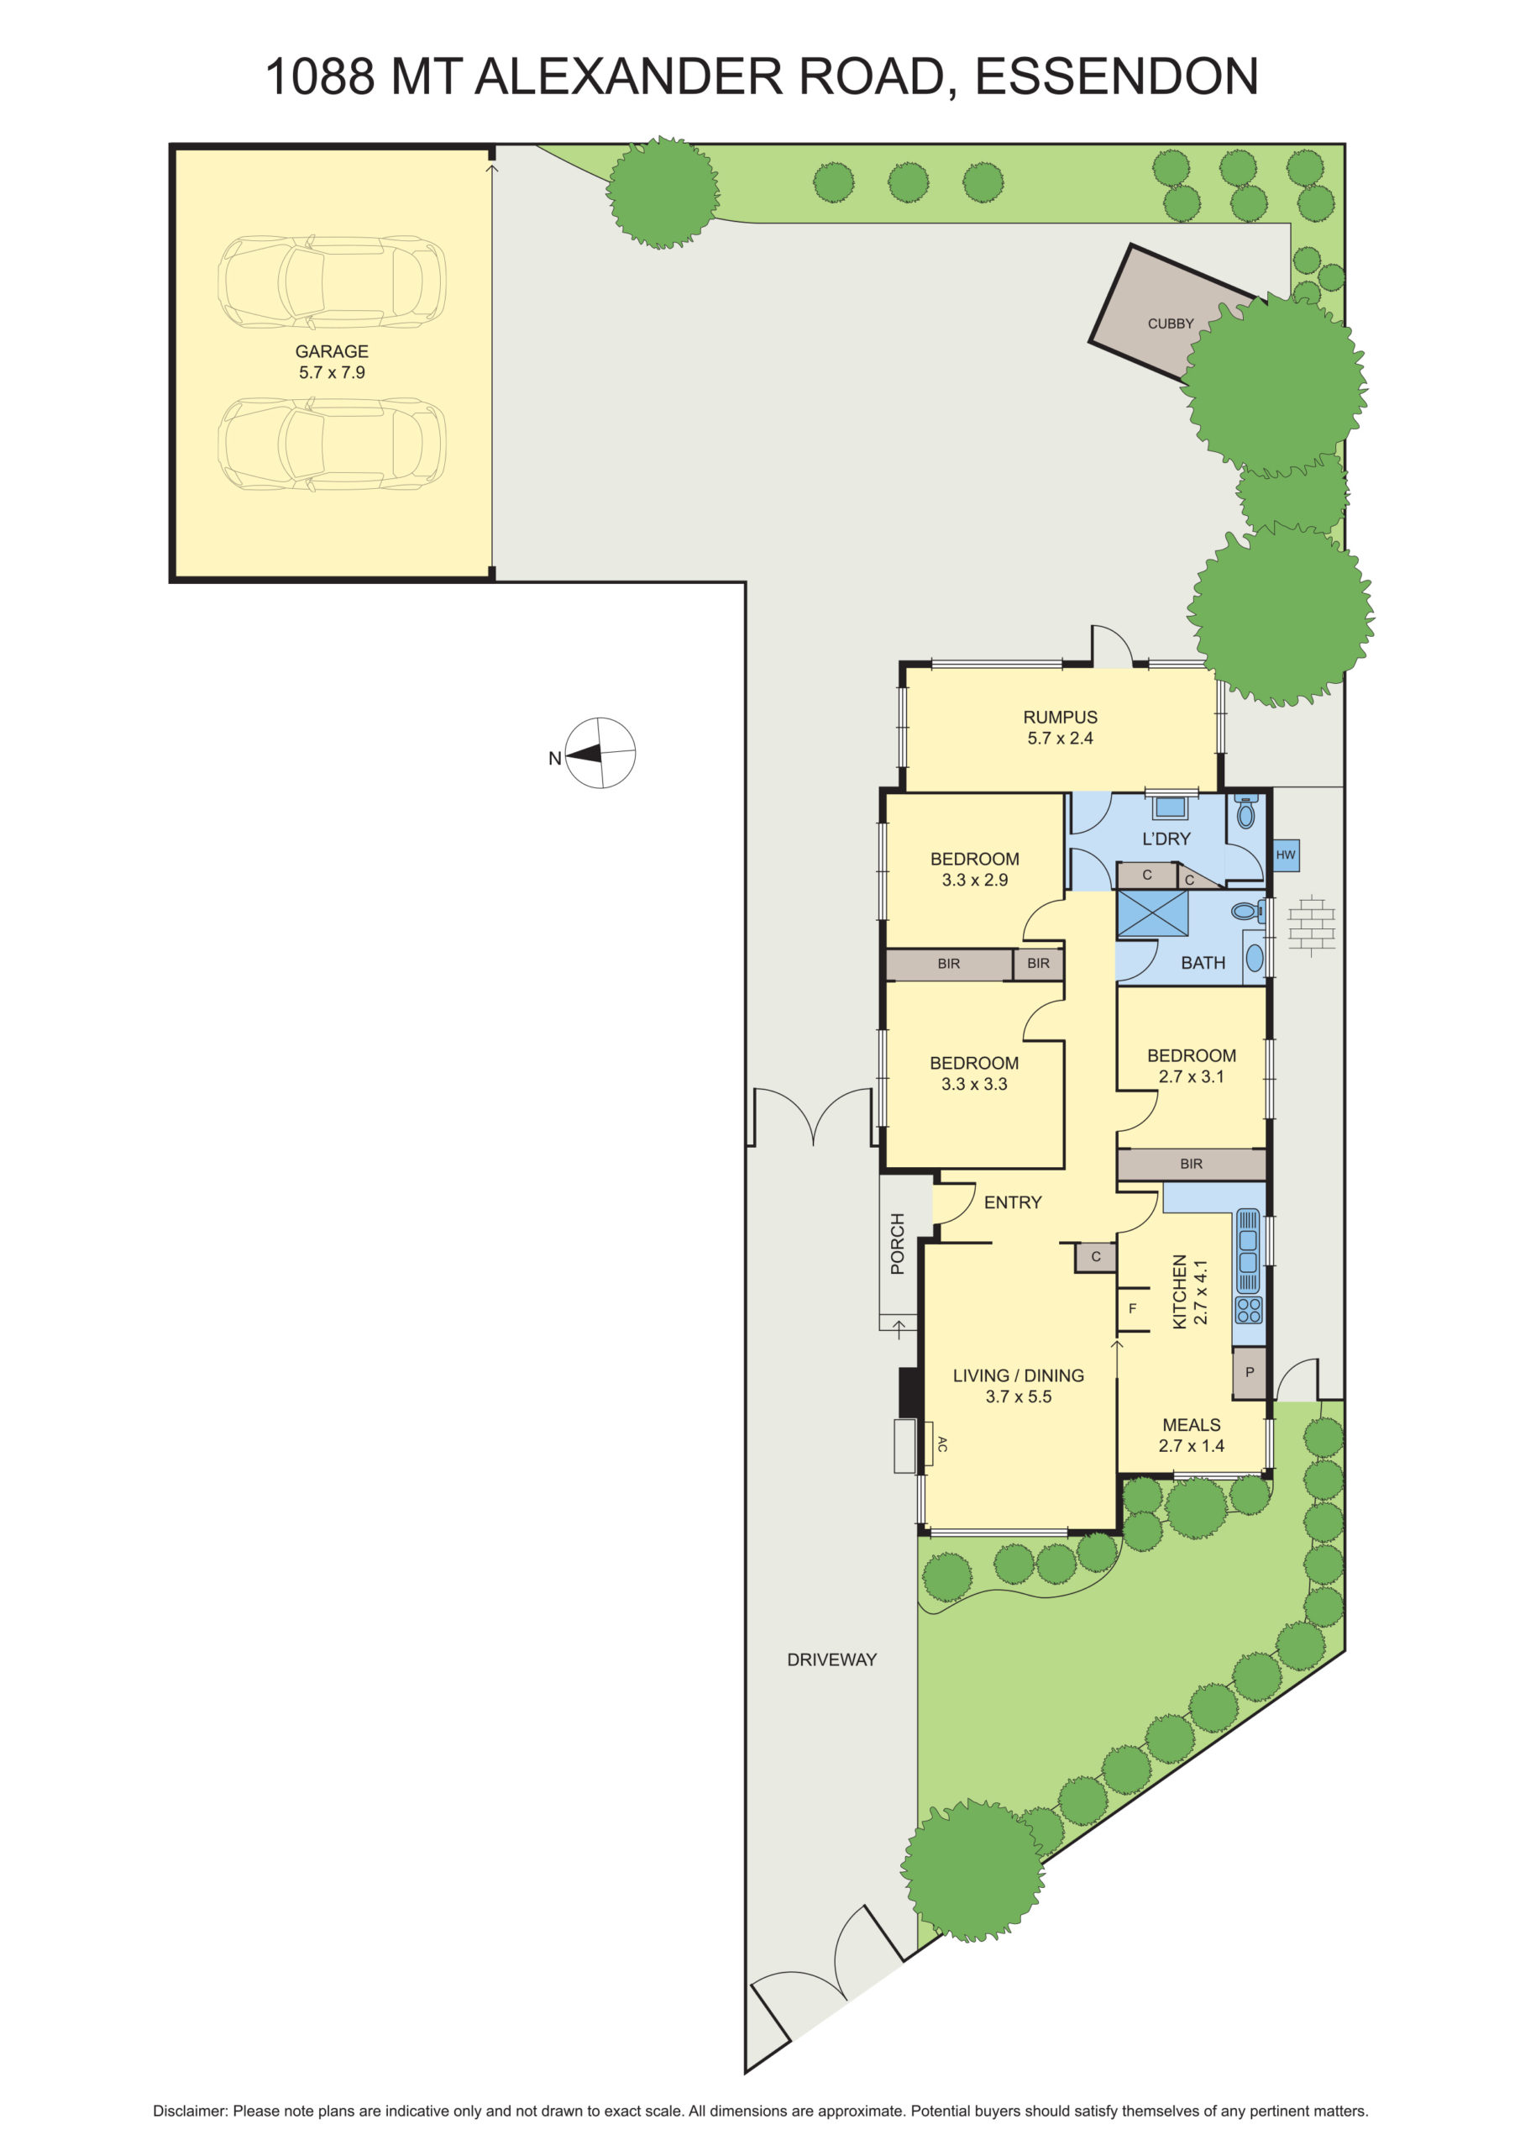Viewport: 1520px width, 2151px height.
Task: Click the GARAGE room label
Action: (x=332, y=351)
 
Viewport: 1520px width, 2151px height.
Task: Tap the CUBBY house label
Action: (x=1171, y=323)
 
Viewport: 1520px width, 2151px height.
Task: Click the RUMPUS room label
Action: (x=1059, y=717)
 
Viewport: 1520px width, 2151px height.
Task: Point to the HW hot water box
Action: (x=1285, y=855)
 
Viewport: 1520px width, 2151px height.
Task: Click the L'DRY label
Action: (x=1166, y=839)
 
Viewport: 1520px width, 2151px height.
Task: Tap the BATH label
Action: (x=1203, y=962)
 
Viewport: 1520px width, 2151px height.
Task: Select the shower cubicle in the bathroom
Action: (x=1152, y=913)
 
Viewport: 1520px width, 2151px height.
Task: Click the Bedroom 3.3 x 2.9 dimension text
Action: (x=974, y=880)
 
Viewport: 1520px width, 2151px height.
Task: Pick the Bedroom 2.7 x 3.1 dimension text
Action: (x=1192, y=1076)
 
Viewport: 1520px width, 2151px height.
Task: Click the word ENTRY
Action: (x=1013, y=1202)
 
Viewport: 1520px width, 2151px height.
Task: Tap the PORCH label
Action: (x=897, y=1244)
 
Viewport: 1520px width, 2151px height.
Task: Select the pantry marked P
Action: (x=1249, y=1372)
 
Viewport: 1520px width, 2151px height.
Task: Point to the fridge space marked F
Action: (x=1132, y=1309)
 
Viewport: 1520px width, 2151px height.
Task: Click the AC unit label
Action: (x=942, y=1444)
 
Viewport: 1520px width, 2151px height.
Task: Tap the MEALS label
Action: (x=1192, y=1424)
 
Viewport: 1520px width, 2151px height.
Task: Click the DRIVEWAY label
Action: (x=831, y=1659)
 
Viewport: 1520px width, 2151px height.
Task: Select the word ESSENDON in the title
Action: (x=1116, y=76)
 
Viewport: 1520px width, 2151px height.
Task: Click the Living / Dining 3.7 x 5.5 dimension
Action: (x=1018, y=1396)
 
